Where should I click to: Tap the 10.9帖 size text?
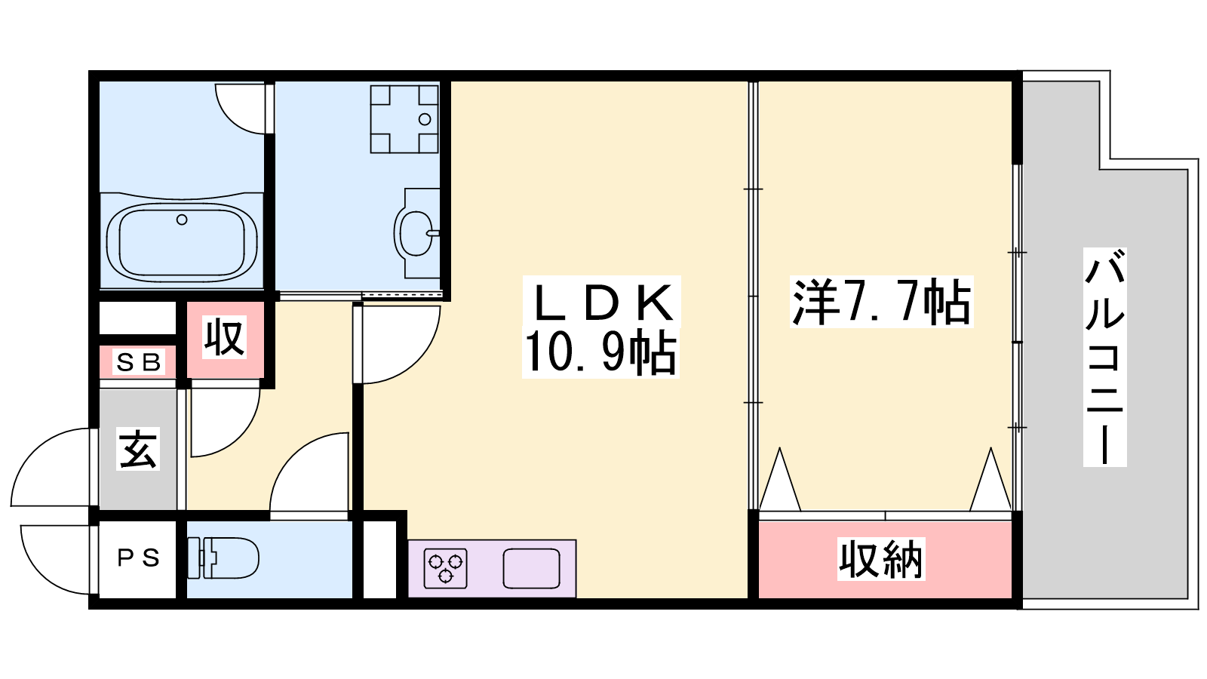click(x=600, y=352)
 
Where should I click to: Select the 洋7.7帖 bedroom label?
click(x=882, y=302)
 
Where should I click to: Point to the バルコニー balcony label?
click(x=1104, y=357)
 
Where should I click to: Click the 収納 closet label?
click(x=881, y=559)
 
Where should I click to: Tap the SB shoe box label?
click(x=139, y=363)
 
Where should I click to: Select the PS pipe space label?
click(x=139, y=558)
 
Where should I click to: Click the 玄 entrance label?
click(x=138, y=448)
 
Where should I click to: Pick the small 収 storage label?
click(x=225, y=337)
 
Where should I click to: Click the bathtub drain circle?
click(x=182, y=220)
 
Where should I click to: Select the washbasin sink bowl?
click(x=416, y=233)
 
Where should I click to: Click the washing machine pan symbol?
click(x=404, y=119)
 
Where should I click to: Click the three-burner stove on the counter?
click(x=445, y=569)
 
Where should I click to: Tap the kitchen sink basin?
click(x=531, y=569)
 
